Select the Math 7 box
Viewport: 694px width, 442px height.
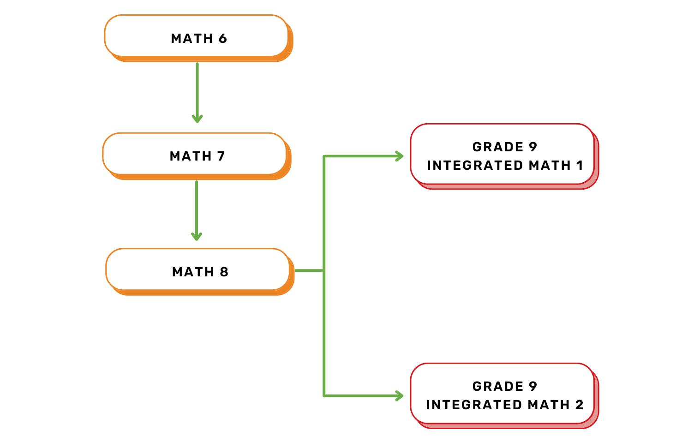[x=195, y=155]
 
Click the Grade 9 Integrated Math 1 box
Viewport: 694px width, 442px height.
[x=503, y=155]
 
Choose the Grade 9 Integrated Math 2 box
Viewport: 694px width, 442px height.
[x=503, y=394]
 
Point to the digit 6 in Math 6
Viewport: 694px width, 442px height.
[x=223, y=38]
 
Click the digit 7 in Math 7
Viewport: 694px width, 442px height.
[x=221, y=156]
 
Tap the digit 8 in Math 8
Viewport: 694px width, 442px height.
[x=224, y=272]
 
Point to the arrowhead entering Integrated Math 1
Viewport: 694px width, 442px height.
[x=400, y=156]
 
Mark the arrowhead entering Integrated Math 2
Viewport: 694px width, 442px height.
[x=400, y=395]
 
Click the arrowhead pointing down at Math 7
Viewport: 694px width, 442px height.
[x=197, y=119]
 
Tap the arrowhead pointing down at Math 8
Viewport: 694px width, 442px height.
[x=197, y=236]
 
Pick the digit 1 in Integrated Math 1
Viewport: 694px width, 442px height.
[x=580, y=165]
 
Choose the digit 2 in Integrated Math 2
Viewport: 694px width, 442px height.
[x=580, y=405]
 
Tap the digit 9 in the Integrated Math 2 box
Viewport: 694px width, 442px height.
[x=533, y=386]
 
